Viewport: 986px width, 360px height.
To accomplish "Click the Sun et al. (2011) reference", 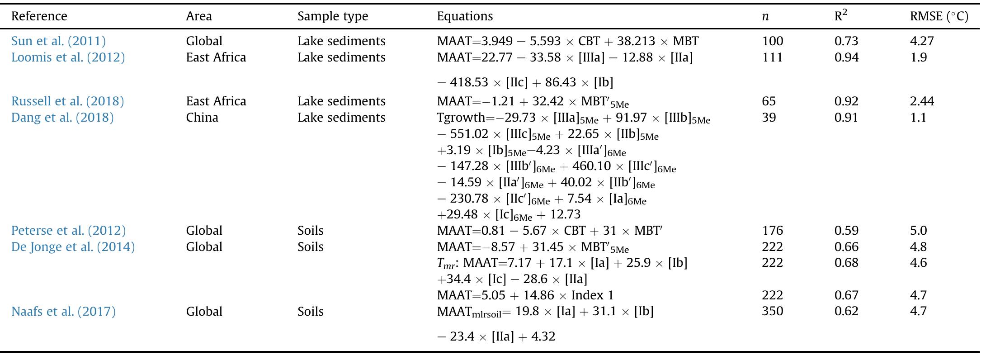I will pos(58,41).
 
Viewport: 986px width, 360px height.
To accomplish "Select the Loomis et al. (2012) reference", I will pos(68,57).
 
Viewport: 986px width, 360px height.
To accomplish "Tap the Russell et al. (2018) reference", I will pos(67,101).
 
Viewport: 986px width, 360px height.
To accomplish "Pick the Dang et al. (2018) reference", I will pos(62,118).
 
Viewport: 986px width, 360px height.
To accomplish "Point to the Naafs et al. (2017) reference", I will pos(63,312).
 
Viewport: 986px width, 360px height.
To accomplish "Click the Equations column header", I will pos(465,16).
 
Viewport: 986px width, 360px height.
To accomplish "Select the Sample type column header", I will pos(333,16).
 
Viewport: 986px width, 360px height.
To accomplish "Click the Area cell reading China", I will pos(202,118).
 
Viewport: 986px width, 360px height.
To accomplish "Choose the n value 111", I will pos(772,57).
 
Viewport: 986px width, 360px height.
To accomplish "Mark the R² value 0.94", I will pos(846,57).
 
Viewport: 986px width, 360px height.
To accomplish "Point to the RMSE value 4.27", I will pos(922,41).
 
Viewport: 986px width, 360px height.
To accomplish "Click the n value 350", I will pos(772,312).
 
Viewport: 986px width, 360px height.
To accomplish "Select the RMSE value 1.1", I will pos(918,118).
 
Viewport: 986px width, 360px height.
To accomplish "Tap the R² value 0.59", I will pos(846,231).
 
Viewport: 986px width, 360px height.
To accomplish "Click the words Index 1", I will pos(593,295).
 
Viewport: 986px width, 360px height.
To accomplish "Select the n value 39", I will pos(769,118).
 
